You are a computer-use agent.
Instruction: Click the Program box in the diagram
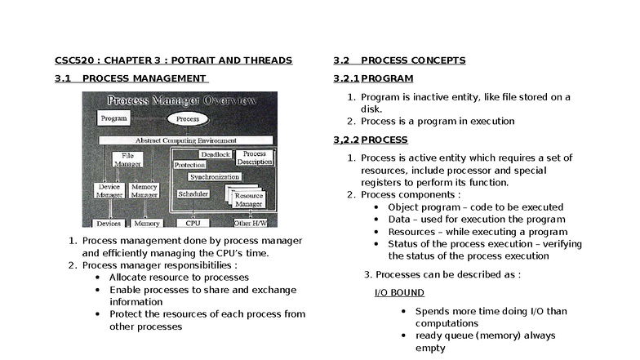(114, 119)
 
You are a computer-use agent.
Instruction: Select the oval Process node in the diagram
(187, 119)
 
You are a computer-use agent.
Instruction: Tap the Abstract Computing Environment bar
(180, 140)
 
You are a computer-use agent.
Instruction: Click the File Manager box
(127, 159)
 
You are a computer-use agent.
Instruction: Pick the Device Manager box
(109, 190)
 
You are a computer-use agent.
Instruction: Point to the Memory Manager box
(144, 190)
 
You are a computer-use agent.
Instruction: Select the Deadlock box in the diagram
(215, 153)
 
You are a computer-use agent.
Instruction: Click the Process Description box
(254, 158)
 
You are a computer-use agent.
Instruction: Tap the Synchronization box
(214, 176)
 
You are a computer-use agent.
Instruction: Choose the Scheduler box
(193, 194)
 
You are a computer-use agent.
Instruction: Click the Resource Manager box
(248, 199)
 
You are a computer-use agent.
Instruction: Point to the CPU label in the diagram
(193, 223)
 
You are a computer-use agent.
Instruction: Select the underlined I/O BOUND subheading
(398, 292)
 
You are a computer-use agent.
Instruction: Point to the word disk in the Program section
(371, 109)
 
